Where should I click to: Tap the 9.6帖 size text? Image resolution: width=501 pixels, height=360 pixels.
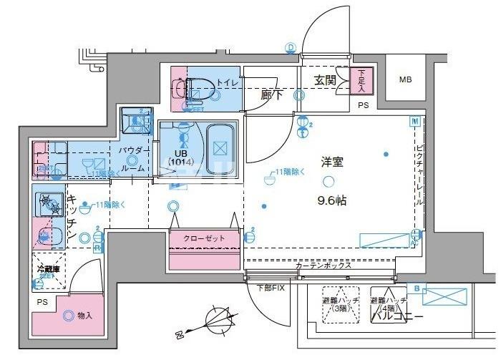(x=331, y=201)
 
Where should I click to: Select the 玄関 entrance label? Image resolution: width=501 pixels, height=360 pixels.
(x=325, y=81)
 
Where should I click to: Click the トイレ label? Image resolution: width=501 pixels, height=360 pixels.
(x=228, y=83)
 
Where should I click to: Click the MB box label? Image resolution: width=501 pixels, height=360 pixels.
(x=405, y=80)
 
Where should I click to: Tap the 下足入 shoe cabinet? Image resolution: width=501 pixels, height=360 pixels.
(x=361, y=78)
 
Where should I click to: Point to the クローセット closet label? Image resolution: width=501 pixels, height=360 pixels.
(x=203, y=238)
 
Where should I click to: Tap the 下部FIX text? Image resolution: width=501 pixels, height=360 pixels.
(x=270, y=288)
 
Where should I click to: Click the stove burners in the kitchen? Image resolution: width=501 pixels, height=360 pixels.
(x=49, y=205)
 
